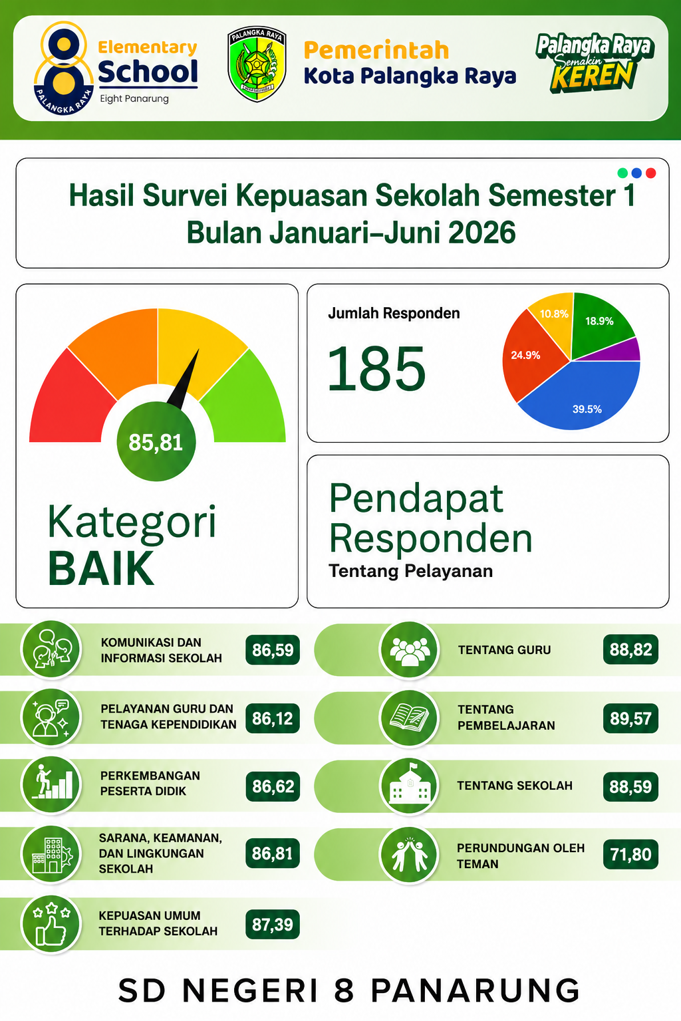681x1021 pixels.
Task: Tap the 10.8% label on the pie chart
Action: click(554, 314)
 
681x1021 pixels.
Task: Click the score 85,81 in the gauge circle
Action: click(156, 442)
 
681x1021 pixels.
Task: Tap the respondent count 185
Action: click(377, 368)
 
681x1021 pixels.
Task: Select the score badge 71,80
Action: click(630, 854)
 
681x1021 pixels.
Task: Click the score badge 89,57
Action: click(630, 719)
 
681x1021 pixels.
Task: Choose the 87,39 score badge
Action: click(272, 925)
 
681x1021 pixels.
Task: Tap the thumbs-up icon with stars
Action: click(51, 925)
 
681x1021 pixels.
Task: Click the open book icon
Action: click(409, 718)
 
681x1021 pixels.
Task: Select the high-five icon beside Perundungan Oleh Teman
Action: click(409, 854)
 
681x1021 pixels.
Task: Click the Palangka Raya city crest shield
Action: click(257, 64)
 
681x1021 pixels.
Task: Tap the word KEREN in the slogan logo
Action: click(592, 75)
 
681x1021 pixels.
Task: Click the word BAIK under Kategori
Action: click(101, 568)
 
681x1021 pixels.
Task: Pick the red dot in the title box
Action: click(651, 173)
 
